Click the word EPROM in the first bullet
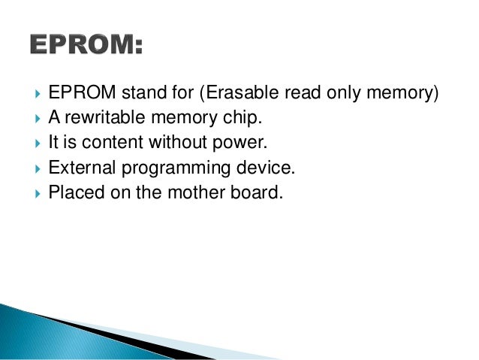click(79, 94)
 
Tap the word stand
click(136, 94)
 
